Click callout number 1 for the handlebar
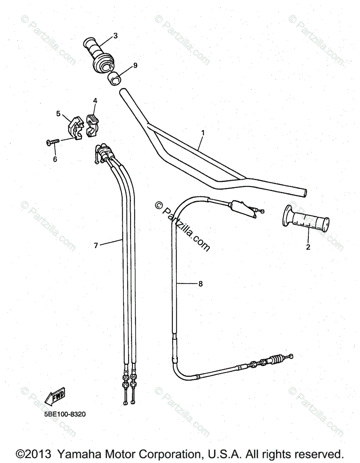tap(203, 133)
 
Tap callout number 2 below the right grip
tap(308, 247)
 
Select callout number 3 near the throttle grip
tap(115, 36)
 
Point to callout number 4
tap(95, 101)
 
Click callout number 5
tap(58, 113)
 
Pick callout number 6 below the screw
tap(55, 159)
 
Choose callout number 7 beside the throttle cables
tap(96, 245)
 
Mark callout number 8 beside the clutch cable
tap(200, 284)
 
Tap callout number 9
tap(135, 66)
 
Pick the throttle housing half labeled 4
tap(92, 124)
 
